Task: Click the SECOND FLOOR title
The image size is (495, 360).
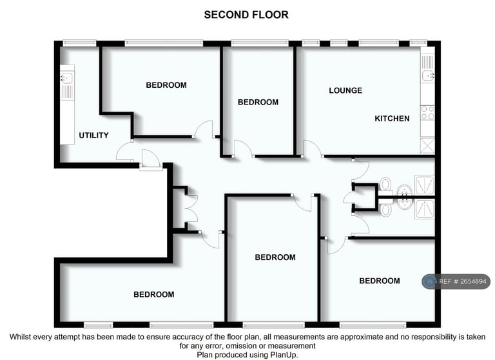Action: pyautogui.click(x=246, y=14)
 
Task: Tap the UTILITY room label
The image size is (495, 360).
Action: pyautogui.click(x=93, y=135)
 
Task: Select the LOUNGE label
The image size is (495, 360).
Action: pyautogui.click(x=345, y=90)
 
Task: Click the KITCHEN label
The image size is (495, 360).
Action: pyautogui.click(x=392, y=119)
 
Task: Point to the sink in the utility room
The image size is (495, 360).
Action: pyautogui.click(x=66, y=79)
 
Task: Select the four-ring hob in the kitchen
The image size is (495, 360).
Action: pyautogui.click(x=427, y=112)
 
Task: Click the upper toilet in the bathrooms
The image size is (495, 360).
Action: pyautogui.click(x=385, y=183)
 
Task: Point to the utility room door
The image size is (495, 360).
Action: pyautogui.click(x=125, y=152)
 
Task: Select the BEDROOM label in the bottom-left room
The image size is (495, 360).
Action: pyautogui.click(x=153, y=295)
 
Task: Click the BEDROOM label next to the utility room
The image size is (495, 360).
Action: pyautogui.click(x=166, y=85)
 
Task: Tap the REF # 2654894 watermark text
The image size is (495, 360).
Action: pyautogui.click(x=463, y=281)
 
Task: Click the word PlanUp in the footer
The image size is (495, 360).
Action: pyautogui.click(x=283, y=355)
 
